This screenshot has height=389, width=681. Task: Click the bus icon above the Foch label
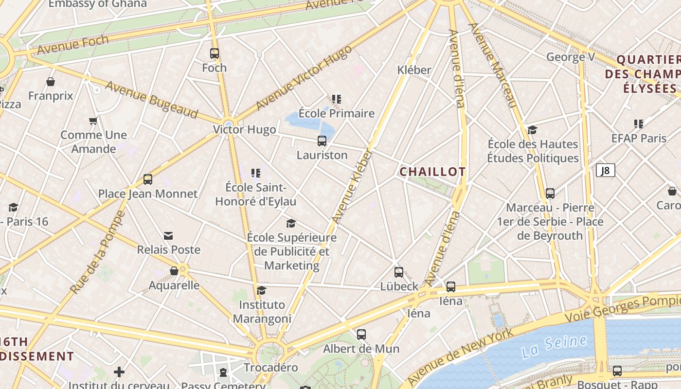coord(215,53)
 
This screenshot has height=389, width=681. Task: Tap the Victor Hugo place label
coord(244,130)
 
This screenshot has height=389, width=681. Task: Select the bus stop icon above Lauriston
coord(322,141)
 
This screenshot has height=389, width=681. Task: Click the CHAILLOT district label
coord(432,172)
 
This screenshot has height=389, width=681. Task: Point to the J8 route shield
coord(605,170)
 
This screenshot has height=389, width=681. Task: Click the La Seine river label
coord(554,347)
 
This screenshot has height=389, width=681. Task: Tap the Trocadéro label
coord(270,368)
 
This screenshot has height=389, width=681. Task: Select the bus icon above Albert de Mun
coord(361,335)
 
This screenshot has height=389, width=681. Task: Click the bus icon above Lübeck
coord(399,272)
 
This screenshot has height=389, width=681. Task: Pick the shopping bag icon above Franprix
coord(51,82)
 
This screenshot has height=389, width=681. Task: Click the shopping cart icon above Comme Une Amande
coord(93,121)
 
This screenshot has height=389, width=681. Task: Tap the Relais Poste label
coord(168,250)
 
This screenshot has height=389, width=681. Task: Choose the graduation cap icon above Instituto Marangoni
coord(261,291)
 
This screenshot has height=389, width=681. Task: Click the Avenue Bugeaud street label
coord(151,100)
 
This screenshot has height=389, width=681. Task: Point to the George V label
coord(571,57)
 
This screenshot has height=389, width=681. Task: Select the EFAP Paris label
coord(639,138)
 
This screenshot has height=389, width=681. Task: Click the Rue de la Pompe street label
coord(98,252)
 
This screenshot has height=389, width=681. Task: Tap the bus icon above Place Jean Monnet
coord(148,179)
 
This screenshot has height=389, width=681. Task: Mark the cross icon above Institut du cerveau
coord(119,372)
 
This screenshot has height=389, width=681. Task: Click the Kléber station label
coord(414,70)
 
